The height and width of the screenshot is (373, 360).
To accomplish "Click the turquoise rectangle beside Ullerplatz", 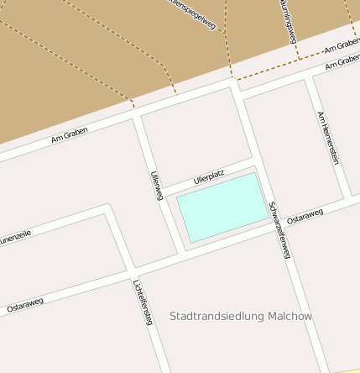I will (x=222, y=206).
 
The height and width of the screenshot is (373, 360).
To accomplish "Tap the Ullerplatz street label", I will (x=209, y=177).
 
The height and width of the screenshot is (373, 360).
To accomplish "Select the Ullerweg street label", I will (x=155, y=185).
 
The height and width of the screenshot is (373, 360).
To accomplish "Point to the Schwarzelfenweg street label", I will (x=279, y=229).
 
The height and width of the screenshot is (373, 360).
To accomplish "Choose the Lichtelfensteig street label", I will (x=141, y=302).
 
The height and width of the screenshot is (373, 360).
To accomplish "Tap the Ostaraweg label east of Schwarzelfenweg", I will (x=305, y=217).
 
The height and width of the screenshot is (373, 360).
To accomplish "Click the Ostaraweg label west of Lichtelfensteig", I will (x=25, y=306).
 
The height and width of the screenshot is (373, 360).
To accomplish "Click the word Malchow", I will (x=290, y=317).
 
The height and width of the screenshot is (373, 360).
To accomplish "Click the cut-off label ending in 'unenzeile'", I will (x=14, y=236).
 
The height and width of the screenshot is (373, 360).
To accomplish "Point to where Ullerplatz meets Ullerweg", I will (x=160, y=189).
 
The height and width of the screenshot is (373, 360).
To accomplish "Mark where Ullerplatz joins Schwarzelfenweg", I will (x=253, y=159).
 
